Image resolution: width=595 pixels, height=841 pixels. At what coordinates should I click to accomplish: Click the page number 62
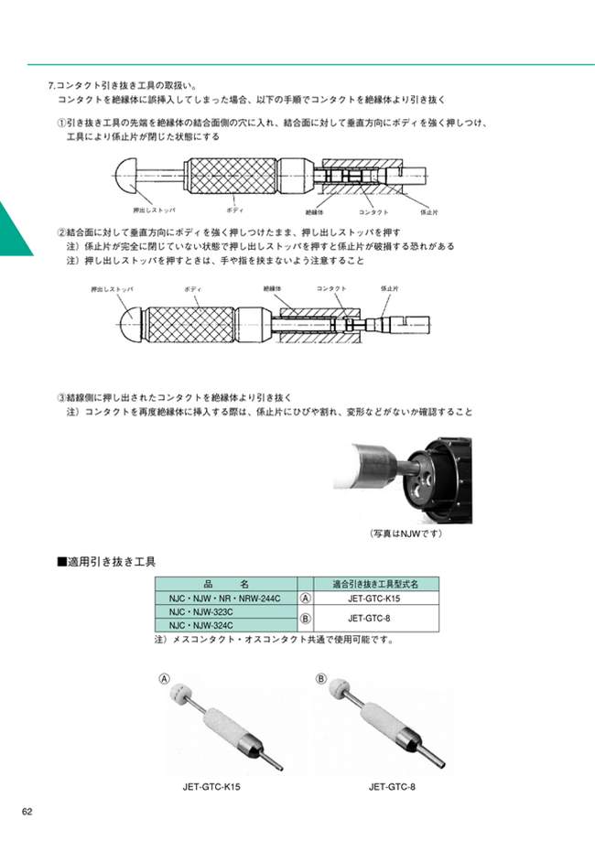coord(27,812)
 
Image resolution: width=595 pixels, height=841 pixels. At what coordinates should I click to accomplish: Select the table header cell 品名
coord(225,584)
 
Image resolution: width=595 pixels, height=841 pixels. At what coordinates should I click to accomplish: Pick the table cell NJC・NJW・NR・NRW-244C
coord(225,598)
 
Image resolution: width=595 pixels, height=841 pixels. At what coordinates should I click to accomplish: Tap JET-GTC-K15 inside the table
coord(375,598)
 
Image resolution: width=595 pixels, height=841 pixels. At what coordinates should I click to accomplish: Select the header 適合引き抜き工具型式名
coord(375,584)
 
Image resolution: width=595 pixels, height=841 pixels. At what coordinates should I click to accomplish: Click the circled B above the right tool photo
coord(321,678)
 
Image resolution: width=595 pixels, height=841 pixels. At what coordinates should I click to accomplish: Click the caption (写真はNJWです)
coord(406,533)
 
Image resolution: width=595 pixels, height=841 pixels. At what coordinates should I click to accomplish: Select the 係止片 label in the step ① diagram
coord(428,211)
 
